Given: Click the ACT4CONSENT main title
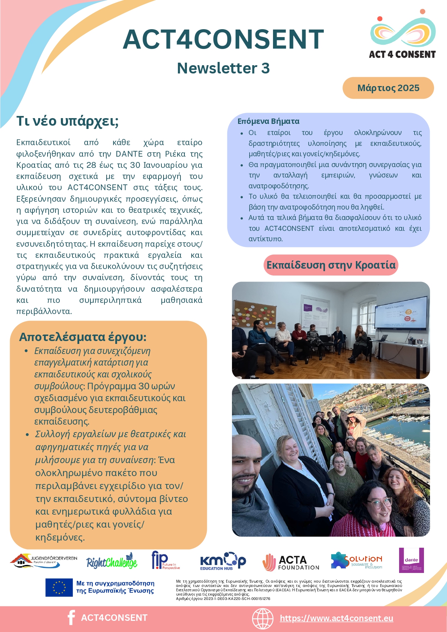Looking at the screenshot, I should pos(223,39).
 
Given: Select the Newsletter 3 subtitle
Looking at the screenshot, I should pos(223,68).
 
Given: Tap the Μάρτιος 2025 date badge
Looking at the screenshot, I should pos(388,88).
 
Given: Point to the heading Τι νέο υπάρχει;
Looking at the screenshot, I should pos(67,121).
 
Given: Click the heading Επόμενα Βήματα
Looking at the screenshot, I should pos(268,121).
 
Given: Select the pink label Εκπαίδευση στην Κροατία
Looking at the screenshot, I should pos(331,265).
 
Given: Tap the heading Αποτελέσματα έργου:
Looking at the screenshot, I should pos(83,337).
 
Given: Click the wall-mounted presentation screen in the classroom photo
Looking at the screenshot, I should pos(401,313).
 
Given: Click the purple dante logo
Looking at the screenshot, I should pos(411,560).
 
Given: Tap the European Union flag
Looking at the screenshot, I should pos(59,587).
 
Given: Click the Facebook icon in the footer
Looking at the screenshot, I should pos(71,618).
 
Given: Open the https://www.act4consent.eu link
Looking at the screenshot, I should pos(336,618).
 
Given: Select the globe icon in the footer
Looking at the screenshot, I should pos(263,618).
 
